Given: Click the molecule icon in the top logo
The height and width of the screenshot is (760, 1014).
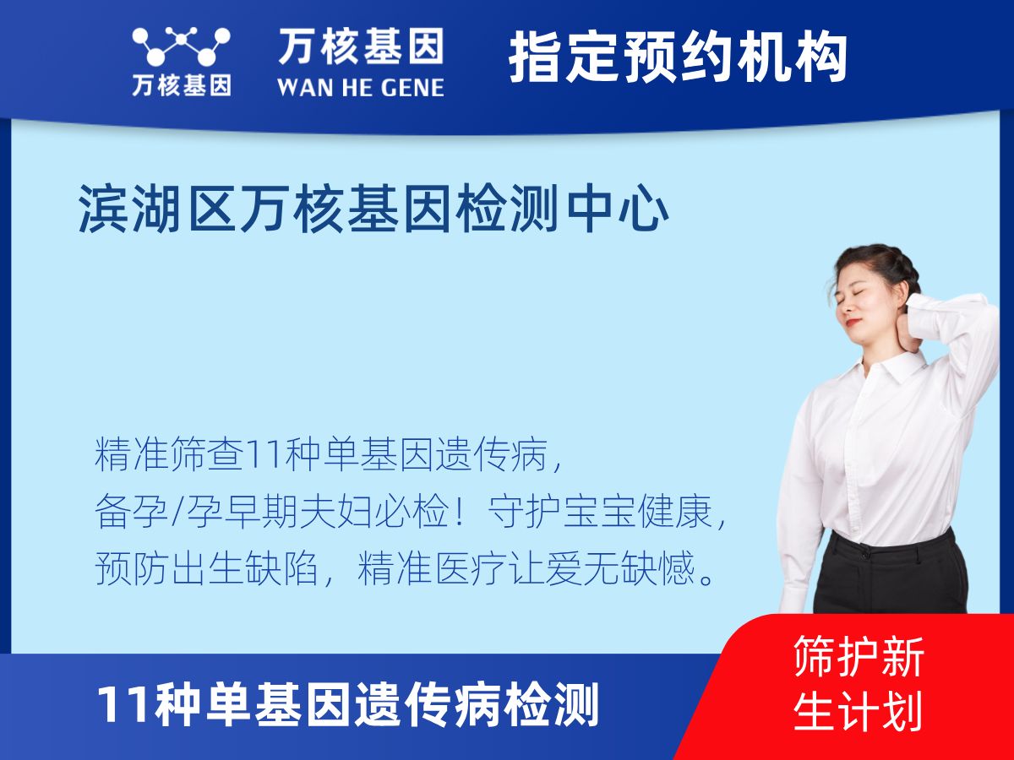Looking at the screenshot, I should click(181, 46).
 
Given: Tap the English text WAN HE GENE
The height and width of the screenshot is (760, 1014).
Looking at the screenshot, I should click(361, 86).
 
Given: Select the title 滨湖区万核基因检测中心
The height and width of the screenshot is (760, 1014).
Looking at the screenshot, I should click(374, 209).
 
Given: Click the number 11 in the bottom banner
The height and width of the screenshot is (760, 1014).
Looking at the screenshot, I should click(118, 704).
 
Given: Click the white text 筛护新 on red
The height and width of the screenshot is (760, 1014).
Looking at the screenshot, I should click(859, 656).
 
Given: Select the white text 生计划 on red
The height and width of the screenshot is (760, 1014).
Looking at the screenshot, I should click(859, 711).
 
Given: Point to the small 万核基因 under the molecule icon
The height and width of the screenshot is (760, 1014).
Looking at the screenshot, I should click(181, 85).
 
